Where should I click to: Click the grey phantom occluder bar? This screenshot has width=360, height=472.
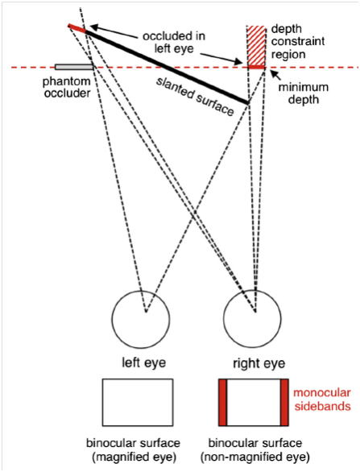tap(74, 67)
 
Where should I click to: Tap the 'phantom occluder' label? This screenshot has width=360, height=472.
tap(67, 87)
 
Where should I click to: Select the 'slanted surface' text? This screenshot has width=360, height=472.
tap(194, 97)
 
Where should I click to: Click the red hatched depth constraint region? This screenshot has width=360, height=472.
tap(256, 46)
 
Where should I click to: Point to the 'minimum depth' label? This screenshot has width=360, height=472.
tap(303, 93)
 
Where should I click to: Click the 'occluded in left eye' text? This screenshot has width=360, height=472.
tap(174, 42)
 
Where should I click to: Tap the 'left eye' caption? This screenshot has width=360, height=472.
tap(143, 362)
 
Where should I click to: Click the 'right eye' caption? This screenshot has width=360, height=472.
tap(259, 363)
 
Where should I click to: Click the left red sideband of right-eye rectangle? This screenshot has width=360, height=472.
tap(223, 402)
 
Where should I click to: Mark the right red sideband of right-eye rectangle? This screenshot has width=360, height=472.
tap(284, 402)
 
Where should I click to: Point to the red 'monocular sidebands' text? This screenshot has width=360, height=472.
tap(322, 400)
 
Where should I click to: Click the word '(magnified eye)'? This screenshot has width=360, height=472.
tap(134, 457)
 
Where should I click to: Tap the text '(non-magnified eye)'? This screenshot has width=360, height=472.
tap(255, 457)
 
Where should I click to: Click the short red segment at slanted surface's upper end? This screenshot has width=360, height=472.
tap(77, 27)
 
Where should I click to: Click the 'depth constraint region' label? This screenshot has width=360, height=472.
tap(297, 42)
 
